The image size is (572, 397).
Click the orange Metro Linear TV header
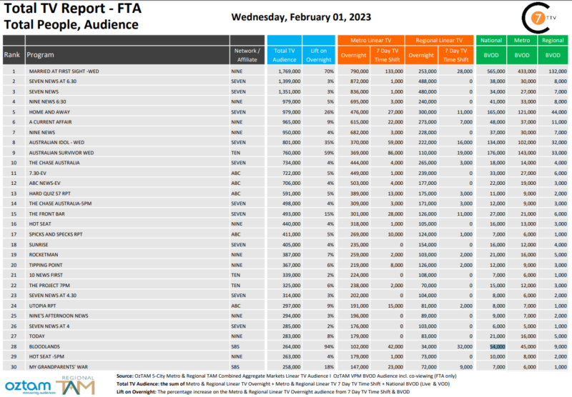tap(370, 41)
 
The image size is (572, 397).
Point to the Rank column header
tap(12, 54)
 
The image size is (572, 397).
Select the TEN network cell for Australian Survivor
tap(237, 153)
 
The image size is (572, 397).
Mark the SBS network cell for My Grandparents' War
tap(237, 366)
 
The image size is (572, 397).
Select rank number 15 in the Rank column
tap(13, 213)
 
